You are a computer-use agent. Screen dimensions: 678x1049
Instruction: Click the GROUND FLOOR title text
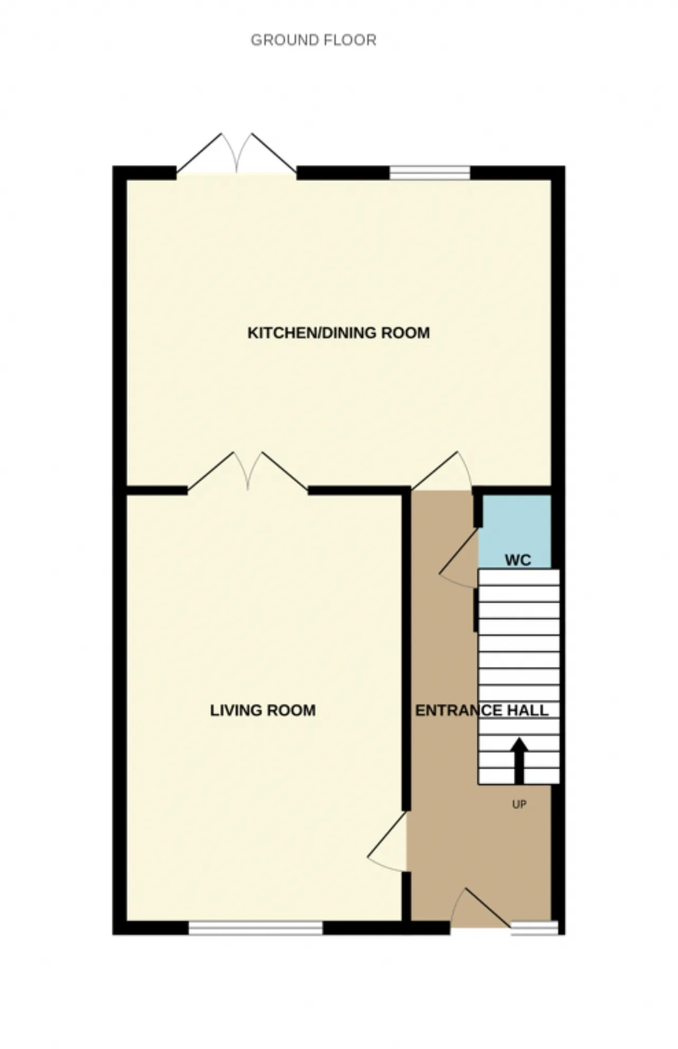[x=314, y=40]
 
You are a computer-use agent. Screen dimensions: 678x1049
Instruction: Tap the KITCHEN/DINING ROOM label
[x=339, y=333]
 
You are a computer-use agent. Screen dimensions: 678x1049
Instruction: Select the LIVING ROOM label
[x=263, y=710]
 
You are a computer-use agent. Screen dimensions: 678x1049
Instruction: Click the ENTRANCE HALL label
[x=482, y=710]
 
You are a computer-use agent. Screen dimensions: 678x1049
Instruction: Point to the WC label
[x=518, y=560]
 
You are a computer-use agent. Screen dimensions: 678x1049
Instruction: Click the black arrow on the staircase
[x=519, y=761]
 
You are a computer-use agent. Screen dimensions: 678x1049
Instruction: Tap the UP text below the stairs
[x=519, y=804]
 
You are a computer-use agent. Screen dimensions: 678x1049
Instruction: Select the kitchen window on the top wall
[x=430, y=173]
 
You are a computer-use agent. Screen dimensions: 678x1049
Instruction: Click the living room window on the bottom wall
[x=256, y=928]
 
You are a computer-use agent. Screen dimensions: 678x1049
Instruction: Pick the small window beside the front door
[x=534, y=928]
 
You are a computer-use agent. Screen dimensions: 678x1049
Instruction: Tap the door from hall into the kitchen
[x=442, y=471]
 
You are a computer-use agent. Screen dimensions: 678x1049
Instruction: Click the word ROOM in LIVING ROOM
[x=294, y=710]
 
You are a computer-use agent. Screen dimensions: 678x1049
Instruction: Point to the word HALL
[x=528, y=710]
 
